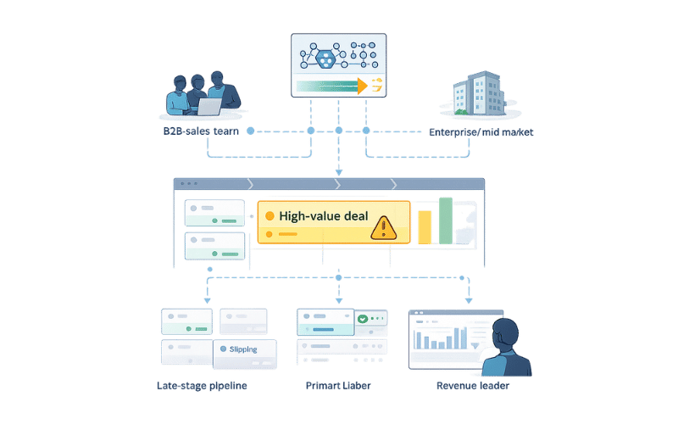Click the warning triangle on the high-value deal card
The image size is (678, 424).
pyautogui.click(x=384, y=226)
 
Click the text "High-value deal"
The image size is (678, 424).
pyautogui.click(x=324, y=216)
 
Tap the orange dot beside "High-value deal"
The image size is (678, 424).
pyautogui.click(x=270, y=216)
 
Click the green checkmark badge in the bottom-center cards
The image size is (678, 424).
pyautogui.click(x=363, y=319)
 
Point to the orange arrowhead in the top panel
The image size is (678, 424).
pyautogui.click(x=363, y=85)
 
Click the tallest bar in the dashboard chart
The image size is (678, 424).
pyautogui.click(x=464, y=336)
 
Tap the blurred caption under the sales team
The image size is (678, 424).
pyautogui.click(x=201, y=132)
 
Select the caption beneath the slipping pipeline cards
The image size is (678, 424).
pyautogui.click(x=203, y=386)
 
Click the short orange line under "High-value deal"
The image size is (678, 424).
pyautogui.click(x=287, y=232)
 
